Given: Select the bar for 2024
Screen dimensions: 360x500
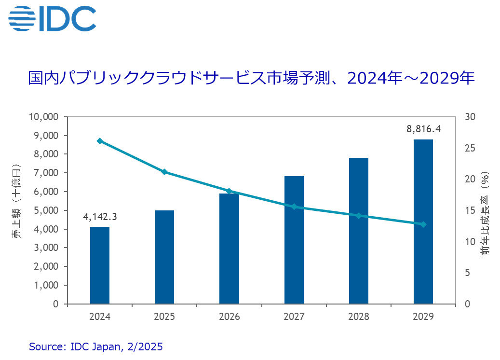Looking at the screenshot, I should point(100,265).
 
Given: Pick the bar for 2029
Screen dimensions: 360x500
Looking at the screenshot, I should point(423,222).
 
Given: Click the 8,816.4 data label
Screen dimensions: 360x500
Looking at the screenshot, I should point(423,129).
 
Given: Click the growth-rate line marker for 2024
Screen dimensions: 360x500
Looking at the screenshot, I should point(100,141).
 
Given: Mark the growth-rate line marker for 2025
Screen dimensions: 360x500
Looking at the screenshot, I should point(164,172).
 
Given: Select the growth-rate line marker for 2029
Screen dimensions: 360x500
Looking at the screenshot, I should point(423,224).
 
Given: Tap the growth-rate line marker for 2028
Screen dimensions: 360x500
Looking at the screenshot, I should point(359,216).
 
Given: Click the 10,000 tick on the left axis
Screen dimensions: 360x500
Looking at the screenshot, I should point(44,117).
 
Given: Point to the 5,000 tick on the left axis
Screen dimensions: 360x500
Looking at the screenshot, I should point(47,210).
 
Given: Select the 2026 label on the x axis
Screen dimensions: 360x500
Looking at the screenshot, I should point(230,317).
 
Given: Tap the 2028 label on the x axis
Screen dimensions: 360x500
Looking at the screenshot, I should point(359,317).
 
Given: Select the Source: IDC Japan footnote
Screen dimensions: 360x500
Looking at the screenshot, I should point(96,346).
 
